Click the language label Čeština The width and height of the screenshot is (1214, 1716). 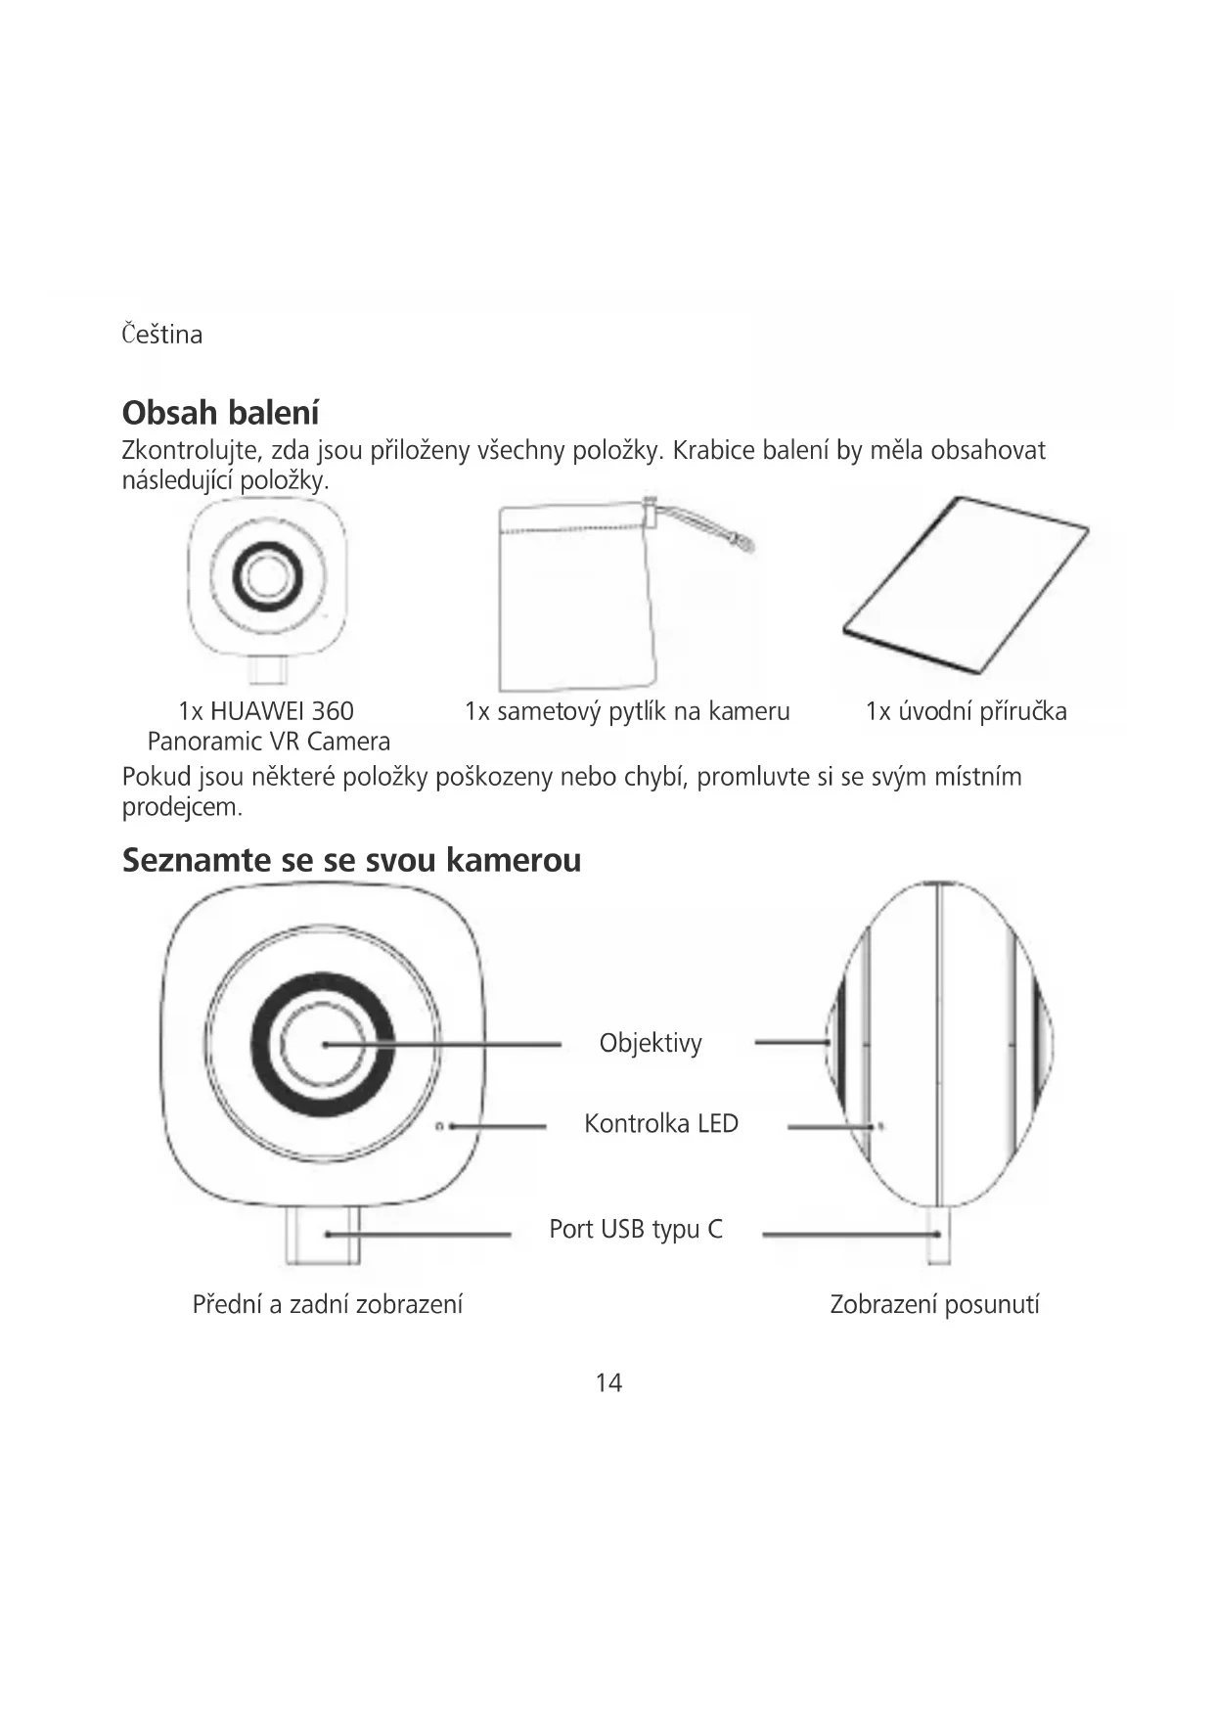pyautogui.click(x=162, y=335)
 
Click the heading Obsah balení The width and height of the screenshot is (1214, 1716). pyautogui.click(x=220, y=413)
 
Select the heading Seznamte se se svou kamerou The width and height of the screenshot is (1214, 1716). pyautogui.click(x=351, y=860)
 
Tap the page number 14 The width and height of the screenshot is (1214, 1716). pyautogui.click(x=608, y=1382)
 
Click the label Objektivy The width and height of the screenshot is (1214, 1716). pyautogui.click(x=651, y=1043)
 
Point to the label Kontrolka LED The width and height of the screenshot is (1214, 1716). pyautogui.click(x=660, y=1123)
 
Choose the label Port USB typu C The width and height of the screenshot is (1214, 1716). pyautogui.click(x=636, y=1229)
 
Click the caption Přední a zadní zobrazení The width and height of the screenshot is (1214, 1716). pyautogui.click(x=327, y=1304)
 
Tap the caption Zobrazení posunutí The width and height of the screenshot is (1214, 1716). pyautogui.click(x=934, y=1304)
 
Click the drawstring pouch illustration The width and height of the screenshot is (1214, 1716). pyautogui.click(x=577, y=607)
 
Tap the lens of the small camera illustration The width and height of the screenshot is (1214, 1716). pyautogui.click(x=266, y=575)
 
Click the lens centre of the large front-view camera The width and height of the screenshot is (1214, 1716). pyautogui.click(x=323, y=1045)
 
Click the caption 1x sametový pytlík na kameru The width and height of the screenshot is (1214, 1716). pyautogui.click(x=627, y=711)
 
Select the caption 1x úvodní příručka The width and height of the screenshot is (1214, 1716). pyautogui.click(x=966, y=711)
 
